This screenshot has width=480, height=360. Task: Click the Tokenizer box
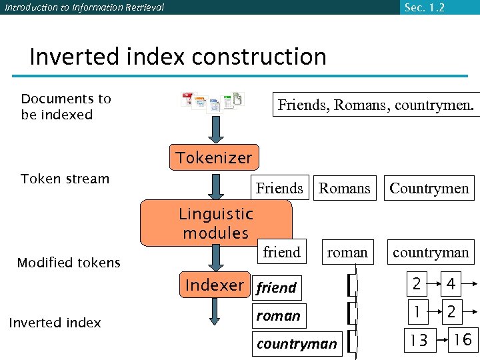(213, 157)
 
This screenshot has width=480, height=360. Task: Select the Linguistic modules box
(215, 223)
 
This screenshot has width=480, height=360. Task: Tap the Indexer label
(215, 285)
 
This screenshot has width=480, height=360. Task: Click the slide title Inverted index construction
(178, 57)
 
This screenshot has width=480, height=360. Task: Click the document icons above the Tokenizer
(213, 101)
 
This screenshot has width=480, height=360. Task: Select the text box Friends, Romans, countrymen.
(376, 105)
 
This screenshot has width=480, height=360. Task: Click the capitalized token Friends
(279, 188)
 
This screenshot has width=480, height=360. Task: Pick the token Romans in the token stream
(344, 188)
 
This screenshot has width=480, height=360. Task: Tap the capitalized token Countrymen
(429, 188)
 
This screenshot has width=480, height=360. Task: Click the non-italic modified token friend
(281, 252)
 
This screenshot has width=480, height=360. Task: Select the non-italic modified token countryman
(431, 252)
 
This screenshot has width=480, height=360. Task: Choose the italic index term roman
(278, 315)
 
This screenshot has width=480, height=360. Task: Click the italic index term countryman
(297, 344)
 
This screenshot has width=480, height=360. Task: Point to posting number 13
(418, 341)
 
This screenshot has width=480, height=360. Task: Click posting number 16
(462, 340)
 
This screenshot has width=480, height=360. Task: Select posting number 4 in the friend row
(451, 285)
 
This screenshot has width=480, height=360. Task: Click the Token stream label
(65, 179)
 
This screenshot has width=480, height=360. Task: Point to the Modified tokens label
(69, 263)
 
